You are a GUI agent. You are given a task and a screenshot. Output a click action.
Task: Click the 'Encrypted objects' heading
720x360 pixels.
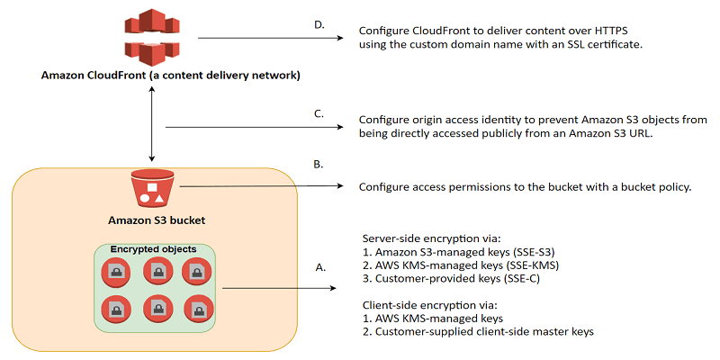click(x=152, y=248)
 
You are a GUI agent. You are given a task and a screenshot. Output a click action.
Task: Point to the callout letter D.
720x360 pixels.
click(x=319, y=24)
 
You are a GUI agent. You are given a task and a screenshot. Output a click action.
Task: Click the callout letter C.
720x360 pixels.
click(x=318, y=113)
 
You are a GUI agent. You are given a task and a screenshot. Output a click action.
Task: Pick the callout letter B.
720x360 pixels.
click(x=318, y=166)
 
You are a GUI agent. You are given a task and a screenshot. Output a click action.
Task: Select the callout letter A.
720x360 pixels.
click(x=319, y=267)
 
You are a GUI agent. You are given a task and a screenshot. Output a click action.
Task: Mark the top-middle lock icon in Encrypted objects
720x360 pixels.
click(x=157, y=270)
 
